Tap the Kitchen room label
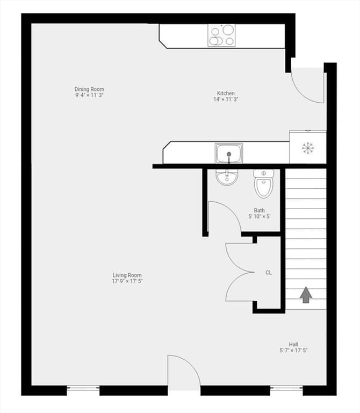(226, 93)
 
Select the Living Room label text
(127, 275)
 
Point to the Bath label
(259, 210)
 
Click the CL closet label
(269, 273)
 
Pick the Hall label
(293, 345)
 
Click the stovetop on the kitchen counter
(221, 35)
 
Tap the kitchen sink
(229, 153)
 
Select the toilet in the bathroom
(264, 183)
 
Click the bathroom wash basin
(227, 177)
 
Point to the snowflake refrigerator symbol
(308, 148)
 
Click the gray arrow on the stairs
(306, 295)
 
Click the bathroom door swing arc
(232, 211)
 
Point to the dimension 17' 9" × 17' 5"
(127, 281)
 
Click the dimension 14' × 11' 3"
(226, 99)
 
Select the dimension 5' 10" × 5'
(259, 217)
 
